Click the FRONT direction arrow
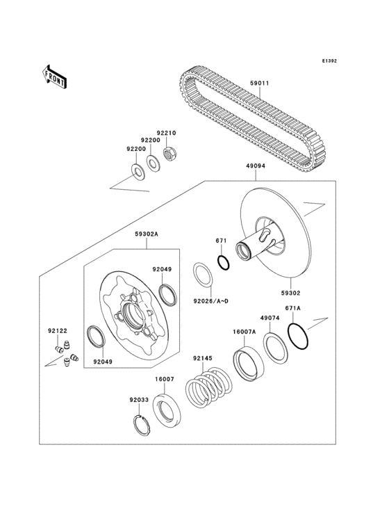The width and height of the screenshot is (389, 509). click(56, 75)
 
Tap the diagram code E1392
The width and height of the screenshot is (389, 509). click(329, 61)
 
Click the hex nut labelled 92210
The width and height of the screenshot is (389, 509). click(168, 152)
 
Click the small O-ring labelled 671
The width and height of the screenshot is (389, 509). click(223, 263)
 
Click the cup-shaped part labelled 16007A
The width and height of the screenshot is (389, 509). click(247, 364)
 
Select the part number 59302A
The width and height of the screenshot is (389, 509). click(147, 235)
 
